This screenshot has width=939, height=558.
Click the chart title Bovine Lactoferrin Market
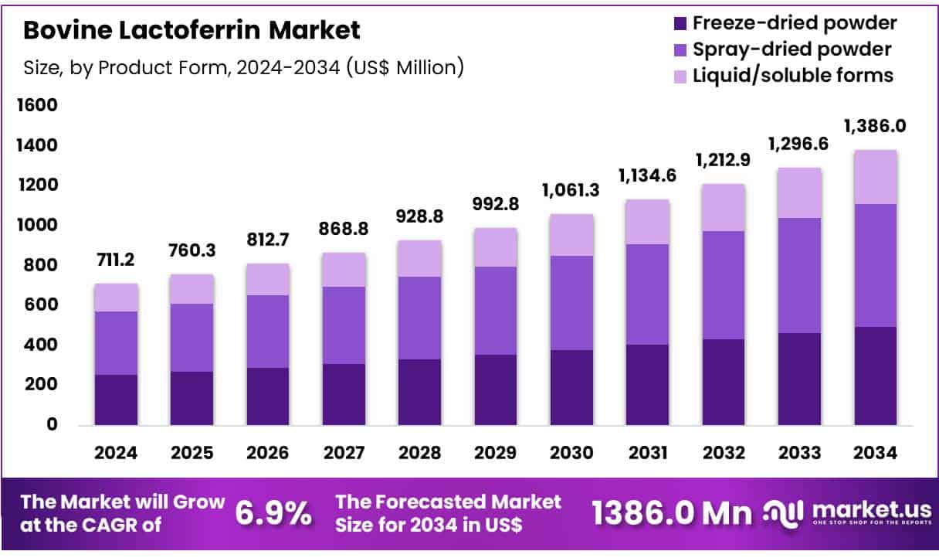tap(192, 31)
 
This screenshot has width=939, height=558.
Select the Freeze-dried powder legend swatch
tap(680, 23)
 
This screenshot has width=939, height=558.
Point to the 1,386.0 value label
tap(876, 126)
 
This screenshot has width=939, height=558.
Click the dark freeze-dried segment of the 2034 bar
tap(876, 376)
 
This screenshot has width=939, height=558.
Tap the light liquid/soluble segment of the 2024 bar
tap(116, 298)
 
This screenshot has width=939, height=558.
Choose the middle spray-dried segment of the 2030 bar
tap(571, 303)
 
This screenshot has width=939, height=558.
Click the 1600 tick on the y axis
tap(38, 105)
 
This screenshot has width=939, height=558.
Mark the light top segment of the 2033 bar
tap(799, 193)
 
